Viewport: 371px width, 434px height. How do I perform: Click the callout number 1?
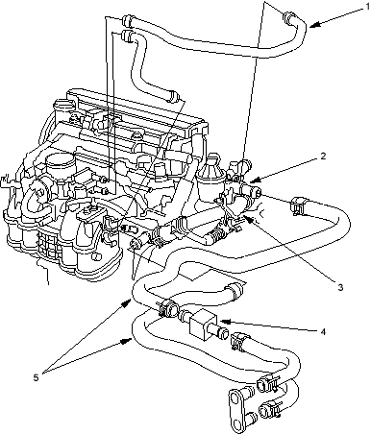click(x=367, y=7)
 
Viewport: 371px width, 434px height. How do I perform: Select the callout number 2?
click(x=323, y=156)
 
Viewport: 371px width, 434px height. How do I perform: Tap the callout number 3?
click(x=340, y=287)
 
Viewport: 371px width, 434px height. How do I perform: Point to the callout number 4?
click(x=323, y=331)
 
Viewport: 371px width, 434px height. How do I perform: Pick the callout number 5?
click(x=36, y=377)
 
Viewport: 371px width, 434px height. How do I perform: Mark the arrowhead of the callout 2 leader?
click(x=253, y=181)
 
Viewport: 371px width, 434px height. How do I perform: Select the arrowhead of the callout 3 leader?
click(x=247, y=217)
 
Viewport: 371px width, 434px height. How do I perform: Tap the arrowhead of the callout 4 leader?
click(x=222, y=321)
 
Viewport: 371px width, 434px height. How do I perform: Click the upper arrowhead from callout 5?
click(x=128, y=302)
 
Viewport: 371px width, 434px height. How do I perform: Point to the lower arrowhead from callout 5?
click(x=128, y=341)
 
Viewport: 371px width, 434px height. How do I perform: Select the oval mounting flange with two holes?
click(x=236, y=411)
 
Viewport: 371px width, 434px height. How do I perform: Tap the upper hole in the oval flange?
click(x=237, y=398)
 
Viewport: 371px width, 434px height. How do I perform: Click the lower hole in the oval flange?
click(x=237, y=424)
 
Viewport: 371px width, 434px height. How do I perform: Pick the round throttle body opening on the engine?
click(x=59, y=162)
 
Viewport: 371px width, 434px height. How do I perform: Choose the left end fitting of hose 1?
click(x=127, y=20)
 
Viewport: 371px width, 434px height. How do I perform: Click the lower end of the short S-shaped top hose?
click(x=173, y=96)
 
